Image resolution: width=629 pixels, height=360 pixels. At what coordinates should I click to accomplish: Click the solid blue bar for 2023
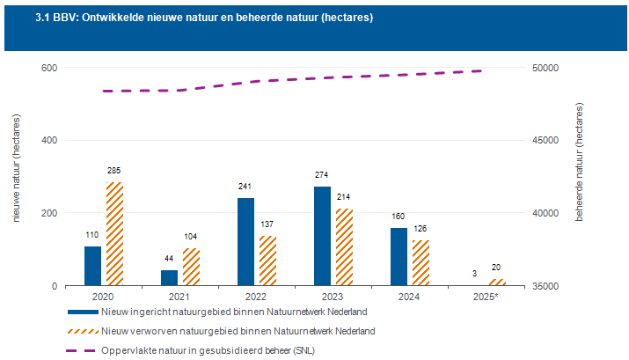click(x=323, y=236)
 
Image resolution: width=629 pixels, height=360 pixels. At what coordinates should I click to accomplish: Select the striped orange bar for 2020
click(x=114, y=234)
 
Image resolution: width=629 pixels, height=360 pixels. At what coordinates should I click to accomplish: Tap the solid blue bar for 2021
click(x=169, y=278)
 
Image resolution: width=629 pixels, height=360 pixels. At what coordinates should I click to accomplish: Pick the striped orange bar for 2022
click(x=268, y=261)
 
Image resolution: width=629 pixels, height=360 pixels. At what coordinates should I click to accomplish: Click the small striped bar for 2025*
click(x=497, y=283)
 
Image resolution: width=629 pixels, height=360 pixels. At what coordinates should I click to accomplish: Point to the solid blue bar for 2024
click(x=399, y=257)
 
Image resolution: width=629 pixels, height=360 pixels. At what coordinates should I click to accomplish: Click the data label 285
click(x=114, y=171)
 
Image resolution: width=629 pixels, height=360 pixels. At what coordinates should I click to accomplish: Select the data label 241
click(x=245, y=187)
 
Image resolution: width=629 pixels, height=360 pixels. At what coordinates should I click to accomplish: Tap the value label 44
click(x=169, y=259)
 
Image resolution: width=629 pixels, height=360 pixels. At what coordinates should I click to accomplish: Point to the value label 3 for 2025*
click(x=474, y=274)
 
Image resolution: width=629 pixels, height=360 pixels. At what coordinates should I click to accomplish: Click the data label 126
click(x=420, y=229)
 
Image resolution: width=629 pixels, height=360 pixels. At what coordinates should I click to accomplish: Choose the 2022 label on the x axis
click(x=256, y=297)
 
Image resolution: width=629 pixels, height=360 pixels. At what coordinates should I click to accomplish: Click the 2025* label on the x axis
click(x=486, y=297)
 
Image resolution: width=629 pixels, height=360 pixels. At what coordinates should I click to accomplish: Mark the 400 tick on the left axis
click(x=49, y=141)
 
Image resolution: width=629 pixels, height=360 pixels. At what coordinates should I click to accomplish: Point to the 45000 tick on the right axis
click(x=545, y=141)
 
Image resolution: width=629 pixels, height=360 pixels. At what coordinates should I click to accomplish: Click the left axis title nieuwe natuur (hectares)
click(x=17, y=168)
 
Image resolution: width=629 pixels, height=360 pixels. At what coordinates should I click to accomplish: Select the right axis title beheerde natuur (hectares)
click(x=579, y=162)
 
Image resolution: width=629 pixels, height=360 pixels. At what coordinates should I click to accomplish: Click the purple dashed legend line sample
click(x=82, y=351)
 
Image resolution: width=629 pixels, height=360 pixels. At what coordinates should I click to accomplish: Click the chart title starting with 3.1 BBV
click(x=204, y=18)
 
